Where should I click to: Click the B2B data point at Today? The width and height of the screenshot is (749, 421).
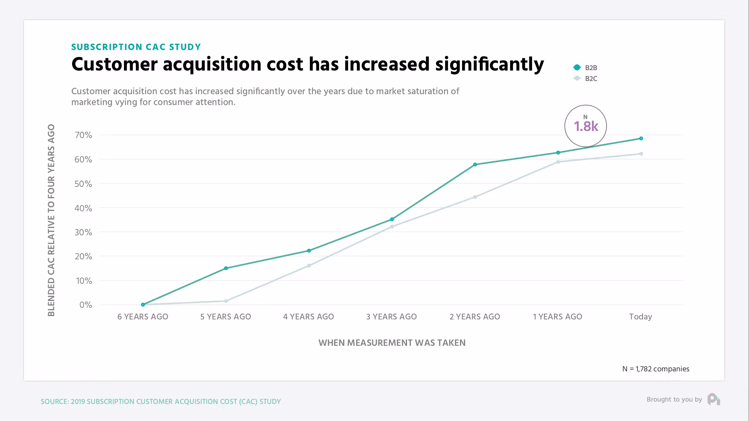click(641, 138)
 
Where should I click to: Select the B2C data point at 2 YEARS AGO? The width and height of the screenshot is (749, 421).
click(475, 197)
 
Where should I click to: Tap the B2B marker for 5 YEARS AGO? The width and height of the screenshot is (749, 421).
click(226, 268)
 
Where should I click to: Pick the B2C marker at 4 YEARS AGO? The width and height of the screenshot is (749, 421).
click(309, 266)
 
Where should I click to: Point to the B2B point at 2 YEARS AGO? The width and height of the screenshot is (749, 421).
click(475, 164)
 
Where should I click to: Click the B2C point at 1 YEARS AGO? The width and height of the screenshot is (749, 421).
click(558, 162)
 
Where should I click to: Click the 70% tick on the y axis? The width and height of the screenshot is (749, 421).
click(83, 135)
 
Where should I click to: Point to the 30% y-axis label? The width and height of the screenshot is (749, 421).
click(83, 232)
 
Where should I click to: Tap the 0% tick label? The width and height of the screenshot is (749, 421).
click(86, 305)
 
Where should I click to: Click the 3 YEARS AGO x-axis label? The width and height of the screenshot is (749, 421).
click(392, 317)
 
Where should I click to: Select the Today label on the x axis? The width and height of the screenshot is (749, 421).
click(641, 317)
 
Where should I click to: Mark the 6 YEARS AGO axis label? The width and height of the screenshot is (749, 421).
click(143, 317)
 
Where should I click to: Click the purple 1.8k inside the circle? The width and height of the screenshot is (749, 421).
click(586, 126)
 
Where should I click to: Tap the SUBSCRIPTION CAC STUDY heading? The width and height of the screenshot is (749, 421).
click(136, 47)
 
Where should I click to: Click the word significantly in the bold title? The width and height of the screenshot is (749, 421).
click(490, 64)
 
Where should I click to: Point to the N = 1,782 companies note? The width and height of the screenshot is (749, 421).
click(656, 369)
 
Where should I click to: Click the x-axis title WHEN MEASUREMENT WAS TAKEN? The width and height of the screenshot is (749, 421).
click(392, 343)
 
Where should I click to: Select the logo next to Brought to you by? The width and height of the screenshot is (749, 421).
click(713, 399)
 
